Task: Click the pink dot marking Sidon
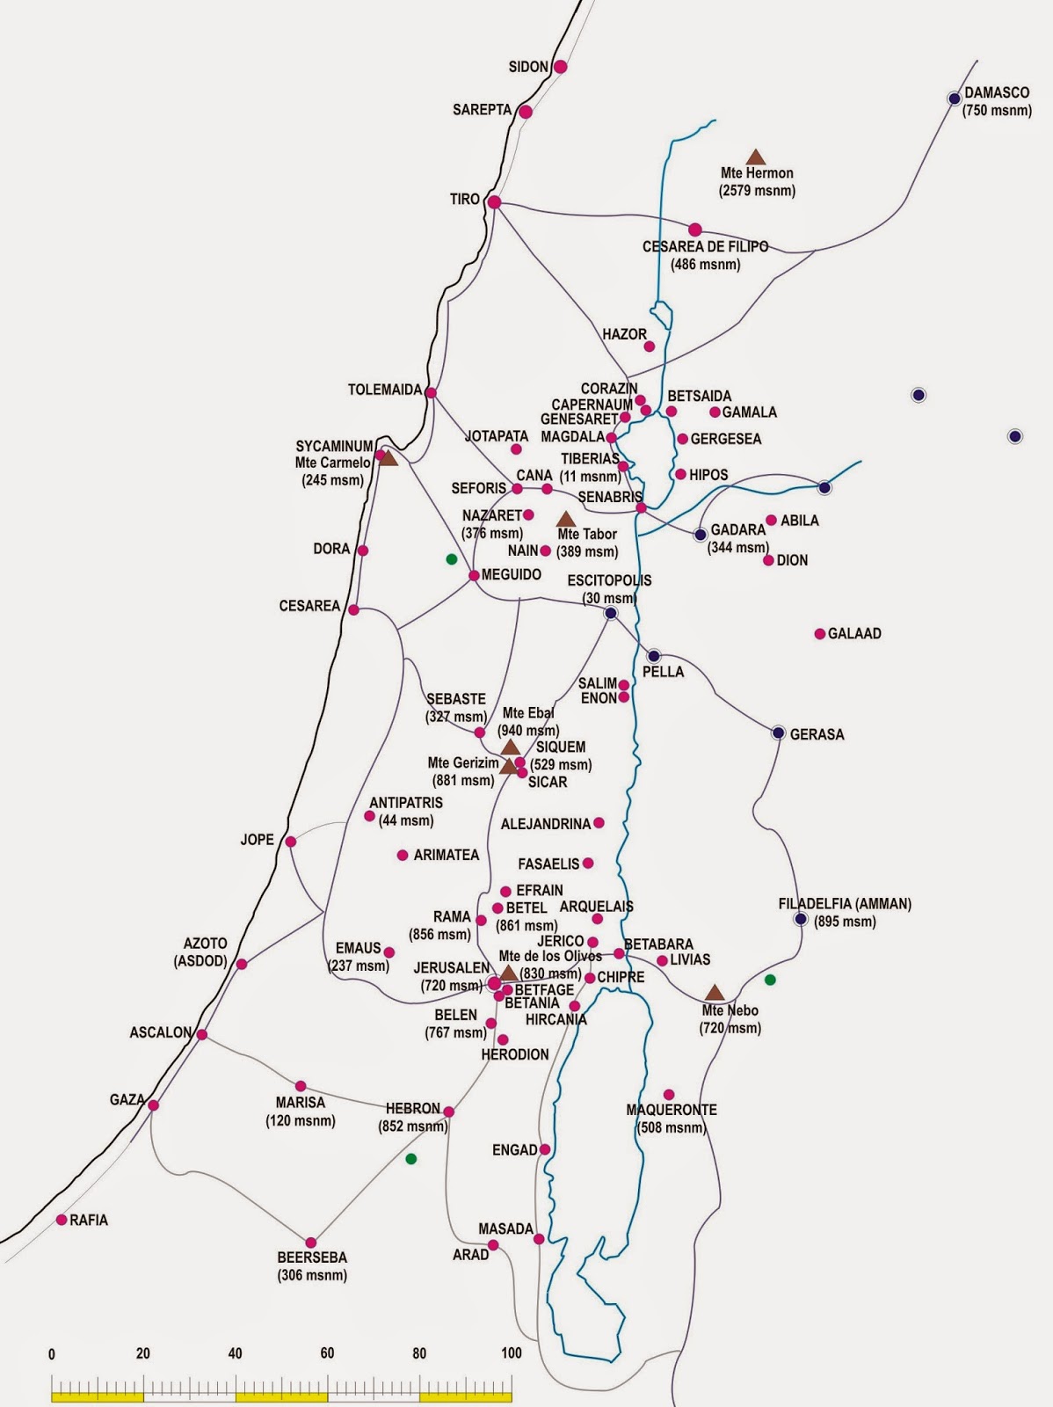[x=560, y=67]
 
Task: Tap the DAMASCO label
[x=997, y=92]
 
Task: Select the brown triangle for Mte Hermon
[x=756, y=157]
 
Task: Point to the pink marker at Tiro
[x=494, y=201]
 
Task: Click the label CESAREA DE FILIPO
[x=705, y=247]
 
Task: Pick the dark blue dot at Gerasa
[x=778, y=733]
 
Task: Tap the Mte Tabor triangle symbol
[x=565, y=520]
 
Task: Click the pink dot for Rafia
[x=62, y=1220]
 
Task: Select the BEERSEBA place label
[x=312, y=1258]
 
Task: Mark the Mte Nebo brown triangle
[x=715, y=993]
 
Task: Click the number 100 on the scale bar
[x=511, y=1353]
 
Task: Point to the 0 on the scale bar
[x=51, y=1353]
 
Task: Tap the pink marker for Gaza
[x=154, y=1105]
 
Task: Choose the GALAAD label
[x=854, y=633]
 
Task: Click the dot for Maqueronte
[x=669, y=1095]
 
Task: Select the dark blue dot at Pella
[x=653, y=656]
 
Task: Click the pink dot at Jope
[x=290, y=842]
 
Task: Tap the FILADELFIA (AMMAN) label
[x=845, y=904]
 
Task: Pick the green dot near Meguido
[x=451, y=558]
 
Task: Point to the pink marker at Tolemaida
[x=431, y=392]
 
